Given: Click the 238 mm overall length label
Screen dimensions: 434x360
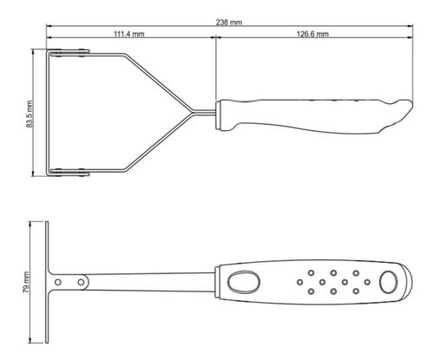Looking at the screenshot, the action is coord(229,23).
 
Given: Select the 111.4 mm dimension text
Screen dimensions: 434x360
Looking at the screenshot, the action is coord(128,34).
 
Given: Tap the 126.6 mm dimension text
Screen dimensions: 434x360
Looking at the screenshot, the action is coord(312,34).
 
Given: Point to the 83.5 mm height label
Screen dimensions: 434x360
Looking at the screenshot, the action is coord(30,114).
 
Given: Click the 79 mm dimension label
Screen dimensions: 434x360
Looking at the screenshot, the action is coord(26,282).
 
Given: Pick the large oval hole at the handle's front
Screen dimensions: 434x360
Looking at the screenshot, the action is coord(243,282).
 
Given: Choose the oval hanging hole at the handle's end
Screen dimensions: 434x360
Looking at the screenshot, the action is coord(389,282).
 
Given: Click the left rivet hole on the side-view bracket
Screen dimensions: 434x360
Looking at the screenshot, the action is coord(58,282).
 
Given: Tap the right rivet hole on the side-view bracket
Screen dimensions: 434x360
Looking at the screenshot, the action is coord(81,282).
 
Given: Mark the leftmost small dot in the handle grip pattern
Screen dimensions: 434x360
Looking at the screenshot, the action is coord(299,282).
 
